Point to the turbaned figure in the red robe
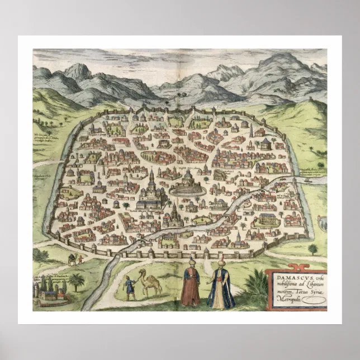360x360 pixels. click(x=191, y=285)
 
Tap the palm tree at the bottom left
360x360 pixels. click(x=76, y=280)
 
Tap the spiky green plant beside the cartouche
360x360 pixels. click(x=256, y=285)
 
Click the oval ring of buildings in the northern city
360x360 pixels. click(x=158, y=156)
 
